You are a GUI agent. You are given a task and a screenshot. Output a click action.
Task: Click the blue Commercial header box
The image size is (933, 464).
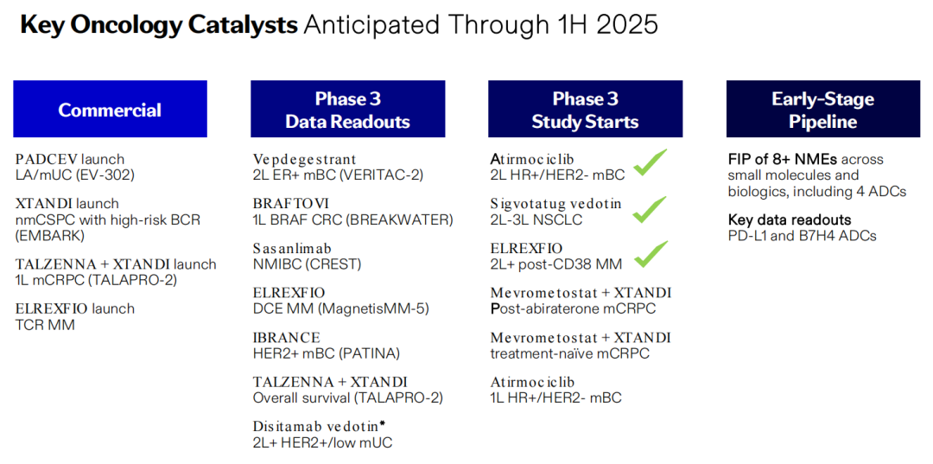[110, 109]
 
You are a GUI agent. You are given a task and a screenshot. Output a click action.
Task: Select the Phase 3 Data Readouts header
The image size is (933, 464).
[347, 109]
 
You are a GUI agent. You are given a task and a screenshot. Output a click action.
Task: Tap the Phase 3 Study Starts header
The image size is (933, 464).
[585, 109]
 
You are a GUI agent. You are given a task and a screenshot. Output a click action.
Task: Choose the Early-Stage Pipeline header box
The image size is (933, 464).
[823, 109]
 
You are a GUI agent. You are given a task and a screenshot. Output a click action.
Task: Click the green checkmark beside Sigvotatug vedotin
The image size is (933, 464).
[649, 209]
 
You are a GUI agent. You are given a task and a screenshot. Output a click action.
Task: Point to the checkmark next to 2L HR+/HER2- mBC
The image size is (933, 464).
[649, 162]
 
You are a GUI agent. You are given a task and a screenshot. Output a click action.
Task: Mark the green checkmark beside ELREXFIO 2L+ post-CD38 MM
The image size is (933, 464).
[649, 254]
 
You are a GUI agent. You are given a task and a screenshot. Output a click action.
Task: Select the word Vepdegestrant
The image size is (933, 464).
[305, 160]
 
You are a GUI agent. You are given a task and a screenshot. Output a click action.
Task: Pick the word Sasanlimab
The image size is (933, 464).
[292, 249]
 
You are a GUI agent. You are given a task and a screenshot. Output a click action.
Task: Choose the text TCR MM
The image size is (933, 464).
[45, 325]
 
